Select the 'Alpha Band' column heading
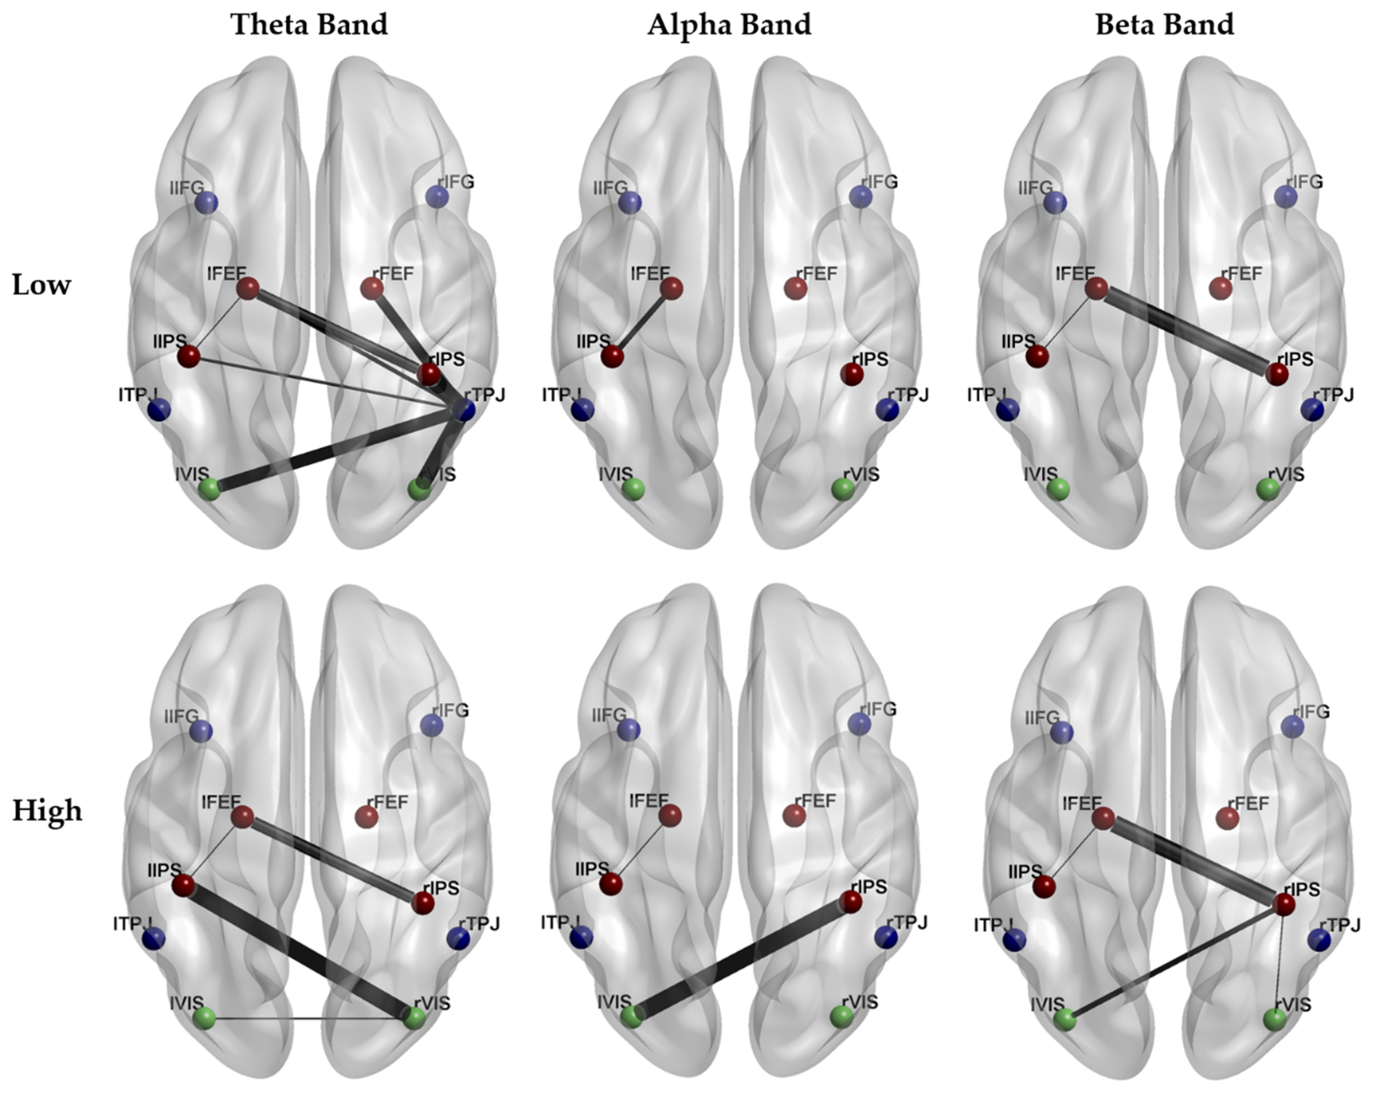(x=729, y=25)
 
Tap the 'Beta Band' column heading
(x=1164, y=25)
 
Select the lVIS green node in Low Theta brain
(x=209, y=489)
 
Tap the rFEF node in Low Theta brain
(x=372, y=289)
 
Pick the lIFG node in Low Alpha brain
(x=630, y=203)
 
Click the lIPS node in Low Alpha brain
(x=612, y=356)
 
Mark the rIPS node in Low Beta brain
(x=1277, y=374)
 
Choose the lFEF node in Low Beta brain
(x=1096, y=289)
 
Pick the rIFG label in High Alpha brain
(x=878, y=709)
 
